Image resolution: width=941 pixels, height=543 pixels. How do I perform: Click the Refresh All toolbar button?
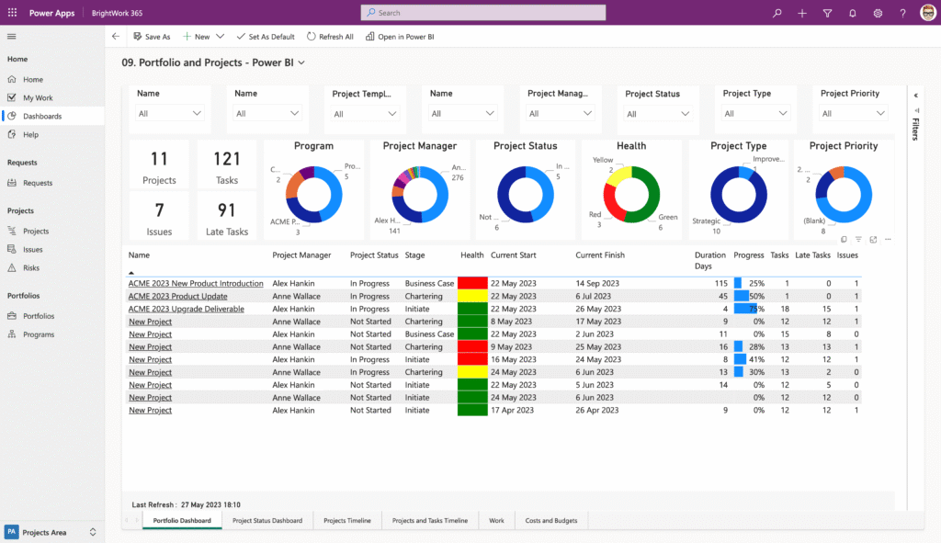(x=330, y=37)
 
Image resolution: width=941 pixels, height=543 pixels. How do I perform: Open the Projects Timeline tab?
(x=347, y=521)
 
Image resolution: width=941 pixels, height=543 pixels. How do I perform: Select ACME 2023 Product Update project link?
(x=177, y=297)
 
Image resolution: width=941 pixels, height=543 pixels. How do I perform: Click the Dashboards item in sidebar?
(x=42, y=117)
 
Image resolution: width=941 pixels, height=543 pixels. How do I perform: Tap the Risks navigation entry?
(x=31, y=268)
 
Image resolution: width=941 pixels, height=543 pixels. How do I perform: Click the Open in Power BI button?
(x=400, y=37)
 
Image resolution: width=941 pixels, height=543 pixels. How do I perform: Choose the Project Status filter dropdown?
(x=657, y=114)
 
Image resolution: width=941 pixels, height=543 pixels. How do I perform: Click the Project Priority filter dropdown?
(x=853, y=114)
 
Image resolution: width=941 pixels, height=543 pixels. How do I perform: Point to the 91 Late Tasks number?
(x=226, y=209)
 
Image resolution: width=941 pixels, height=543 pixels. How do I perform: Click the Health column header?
(x=472, y=255)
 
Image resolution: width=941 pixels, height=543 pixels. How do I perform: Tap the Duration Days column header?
(x=709, y=260)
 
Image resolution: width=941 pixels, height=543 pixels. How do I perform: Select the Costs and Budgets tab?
(x=551, y=521)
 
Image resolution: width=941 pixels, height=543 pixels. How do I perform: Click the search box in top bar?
(x=483, y=13)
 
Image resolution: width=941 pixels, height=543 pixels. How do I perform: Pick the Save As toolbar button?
(x=152, y=37)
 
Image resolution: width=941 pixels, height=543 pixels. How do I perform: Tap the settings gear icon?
(x=878, y=13)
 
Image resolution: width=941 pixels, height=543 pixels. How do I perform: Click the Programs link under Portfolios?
(x=39, y=334)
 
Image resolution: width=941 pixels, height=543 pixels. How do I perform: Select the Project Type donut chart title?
(x=738, y=146)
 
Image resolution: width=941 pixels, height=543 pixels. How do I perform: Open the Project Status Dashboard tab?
(x=267, y=521)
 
